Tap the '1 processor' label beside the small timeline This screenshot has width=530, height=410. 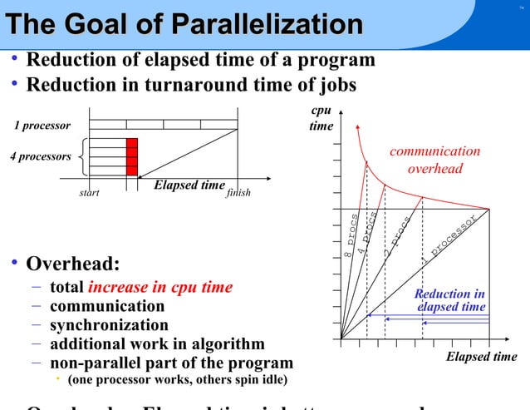[x=42, y=126]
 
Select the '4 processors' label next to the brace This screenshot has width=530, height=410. [x=40, y=156]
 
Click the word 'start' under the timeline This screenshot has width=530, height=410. [x=89, y=193]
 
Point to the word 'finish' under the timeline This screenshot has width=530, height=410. [x=238, y=193]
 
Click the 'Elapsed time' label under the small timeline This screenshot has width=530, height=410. [x=189, y=185]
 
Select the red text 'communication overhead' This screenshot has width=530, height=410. [x=434, y=160]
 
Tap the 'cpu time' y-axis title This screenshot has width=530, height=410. [x=321, y=118]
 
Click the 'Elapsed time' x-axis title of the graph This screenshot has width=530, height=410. [x=481, y=357]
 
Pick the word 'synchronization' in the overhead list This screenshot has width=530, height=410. [x=109, y=325]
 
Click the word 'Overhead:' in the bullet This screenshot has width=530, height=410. [x=73, y=265]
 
